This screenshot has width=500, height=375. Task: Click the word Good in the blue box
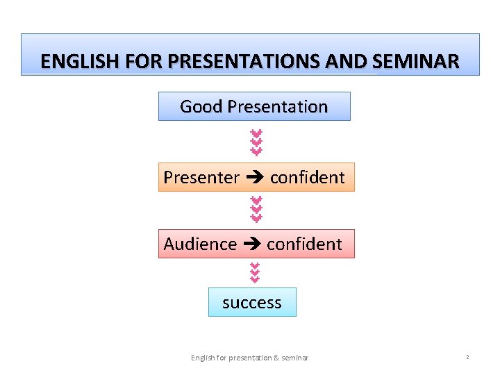click(201, 107)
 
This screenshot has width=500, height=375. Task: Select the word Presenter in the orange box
click(201, 178)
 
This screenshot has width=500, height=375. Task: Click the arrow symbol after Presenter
click(254, 178)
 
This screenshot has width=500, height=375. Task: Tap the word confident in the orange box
click(307, 178)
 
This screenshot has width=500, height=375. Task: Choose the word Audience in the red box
click(200, 244)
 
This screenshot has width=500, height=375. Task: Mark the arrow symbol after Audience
click(251, 244)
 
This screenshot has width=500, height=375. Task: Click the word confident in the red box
click(304, 244)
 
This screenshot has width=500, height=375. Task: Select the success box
click(252, 303)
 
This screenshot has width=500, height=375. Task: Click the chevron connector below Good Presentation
click(256, 142)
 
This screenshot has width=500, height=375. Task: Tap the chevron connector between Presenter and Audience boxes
click(256, 210)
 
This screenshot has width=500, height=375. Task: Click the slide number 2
click(467, 357)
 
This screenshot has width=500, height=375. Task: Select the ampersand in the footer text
click(276, 358)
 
